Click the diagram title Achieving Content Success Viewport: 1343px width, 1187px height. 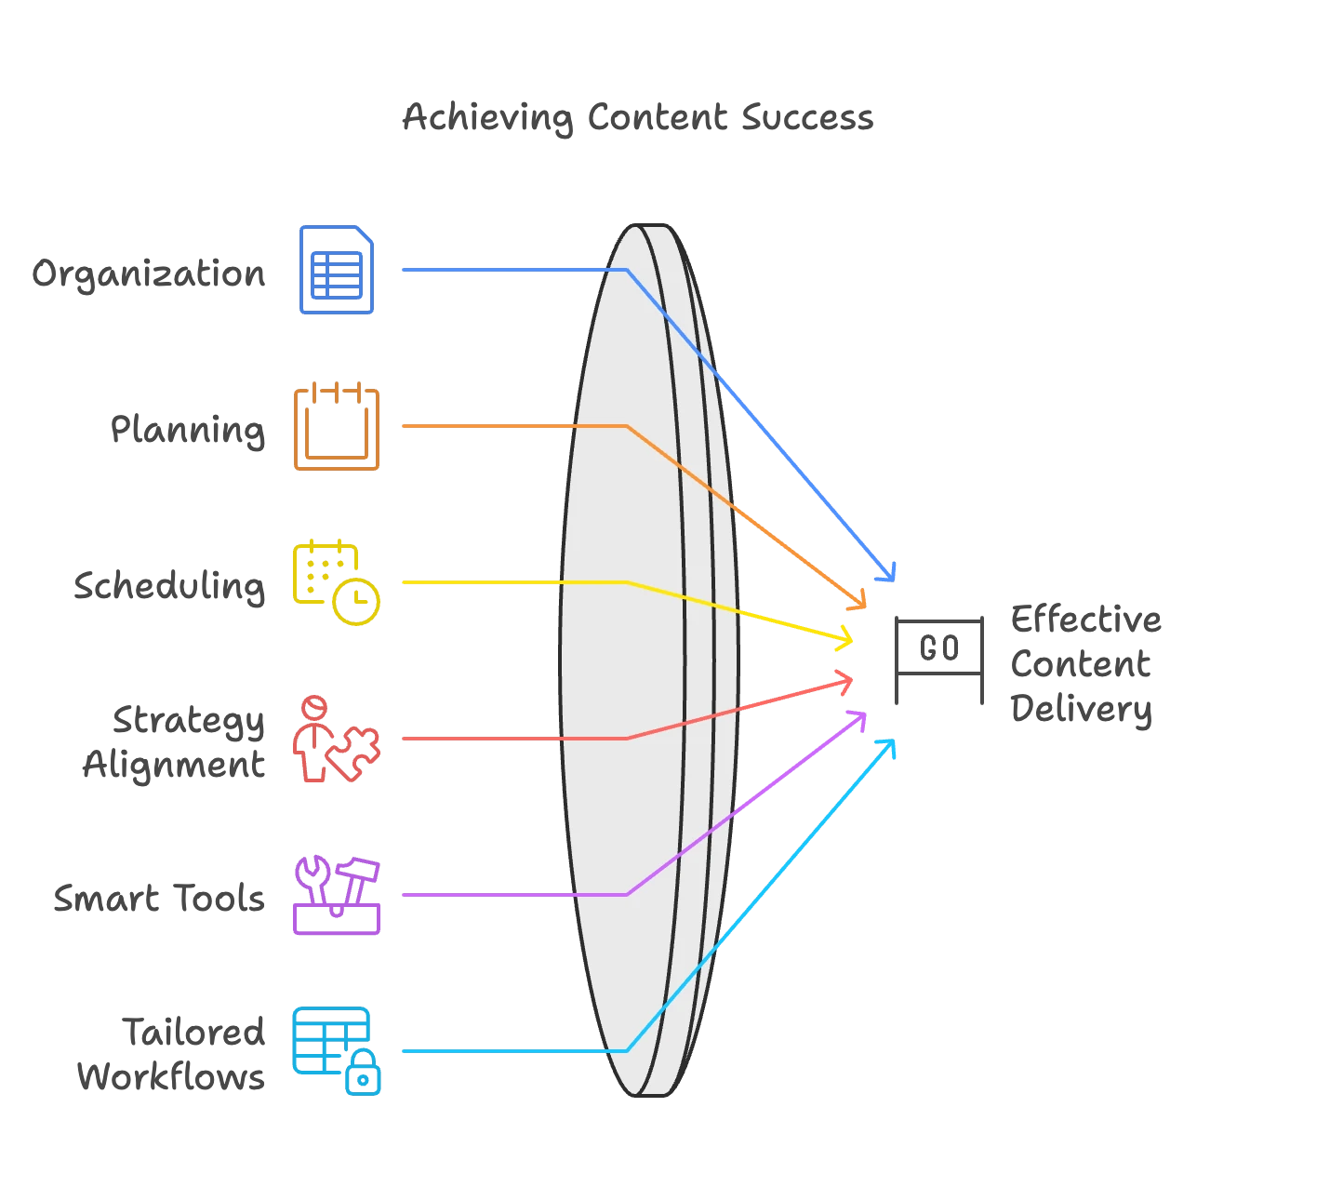(x=638, y=118)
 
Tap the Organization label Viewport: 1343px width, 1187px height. (x=149, y=273)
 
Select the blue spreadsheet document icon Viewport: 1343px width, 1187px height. (x=337, y=270)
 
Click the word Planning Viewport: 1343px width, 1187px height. (x=188, y=431)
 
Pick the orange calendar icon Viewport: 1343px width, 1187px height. (x=337, y=426)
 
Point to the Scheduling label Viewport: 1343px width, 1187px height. (x=169, y=585)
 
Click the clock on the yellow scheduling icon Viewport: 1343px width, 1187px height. (x=356, y=602)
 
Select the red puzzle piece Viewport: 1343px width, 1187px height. (x=352, y=752)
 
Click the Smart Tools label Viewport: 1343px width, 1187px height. (x=159, y=899)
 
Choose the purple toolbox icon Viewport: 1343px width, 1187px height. (x=337, y=895)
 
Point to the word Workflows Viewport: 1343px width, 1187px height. (x=171, y=1076)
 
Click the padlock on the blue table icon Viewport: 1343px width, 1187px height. (x=363, y=1072)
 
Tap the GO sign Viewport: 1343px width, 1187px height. (x=939, y=660)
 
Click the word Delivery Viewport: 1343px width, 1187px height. (x=1081, y=710)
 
